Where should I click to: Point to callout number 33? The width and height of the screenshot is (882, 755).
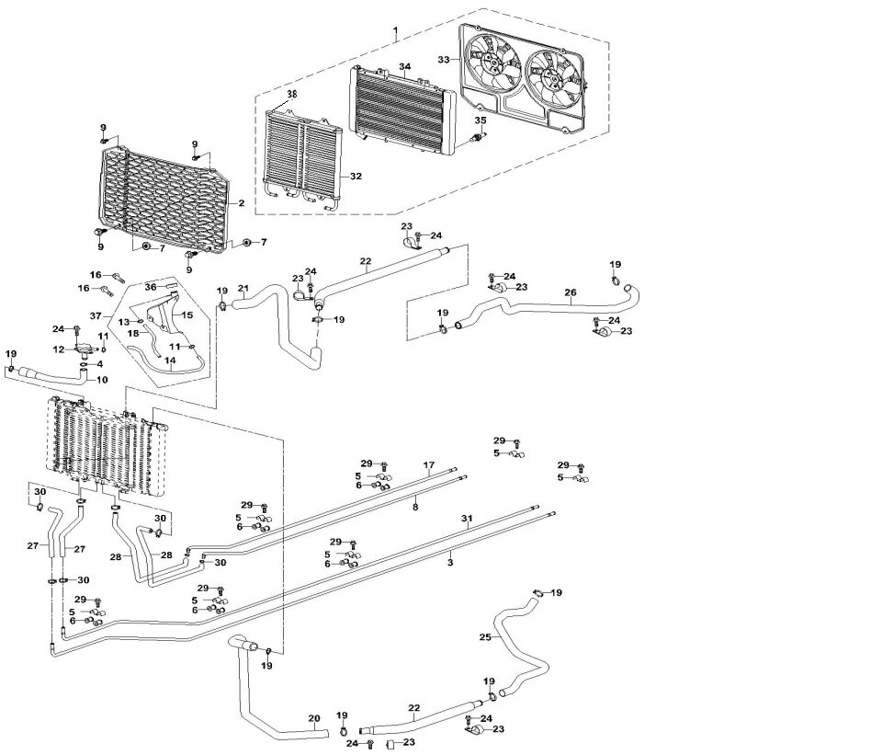coord(444,60)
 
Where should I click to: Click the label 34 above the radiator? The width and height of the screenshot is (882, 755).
coord(404,67)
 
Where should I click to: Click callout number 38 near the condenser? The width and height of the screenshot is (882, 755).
coord(292,95)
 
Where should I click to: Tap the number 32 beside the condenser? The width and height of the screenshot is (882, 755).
coord(356,176)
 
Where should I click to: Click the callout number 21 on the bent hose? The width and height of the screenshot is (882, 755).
coord(243,289)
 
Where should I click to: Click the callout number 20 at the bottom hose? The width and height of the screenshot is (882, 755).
coord(313,718)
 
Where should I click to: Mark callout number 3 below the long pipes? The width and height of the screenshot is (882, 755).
coord(451,561)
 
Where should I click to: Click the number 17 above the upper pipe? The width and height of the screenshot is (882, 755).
coord(428,465)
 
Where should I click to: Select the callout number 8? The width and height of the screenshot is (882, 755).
coord(415,506)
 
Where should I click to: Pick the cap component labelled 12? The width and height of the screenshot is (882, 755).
coord(85,349)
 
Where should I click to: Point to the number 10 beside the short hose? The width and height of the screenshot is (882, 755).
coord(101,379)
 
